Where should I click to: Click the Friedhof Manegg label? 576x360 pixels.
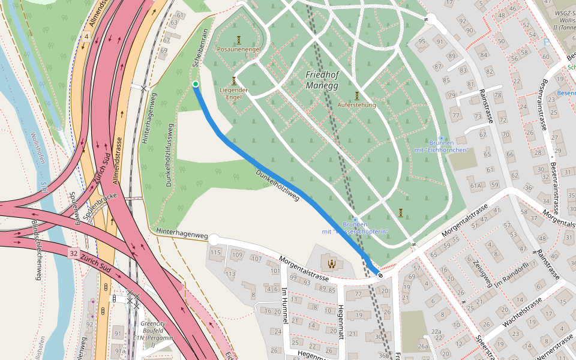322,80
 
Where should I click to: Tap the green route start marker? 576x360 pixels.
196,84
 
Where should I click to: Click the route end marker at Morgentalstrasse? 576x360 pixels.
380,274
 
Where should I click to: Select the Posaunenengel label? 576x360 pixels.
238,49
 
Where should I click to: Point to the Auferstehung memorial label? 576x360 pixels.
356,105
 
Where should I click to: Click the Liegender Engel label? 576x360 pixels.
234,94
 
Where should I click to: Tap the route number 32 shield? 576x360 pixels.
73,254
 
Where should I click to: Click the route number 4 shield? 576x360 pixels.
86,37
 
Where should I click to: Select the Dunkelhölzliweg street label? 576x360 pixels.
277,185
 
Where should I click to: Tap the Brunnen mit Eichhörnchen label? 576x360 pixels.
440,146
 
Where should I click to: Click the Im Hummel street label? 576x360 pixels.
284,307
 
